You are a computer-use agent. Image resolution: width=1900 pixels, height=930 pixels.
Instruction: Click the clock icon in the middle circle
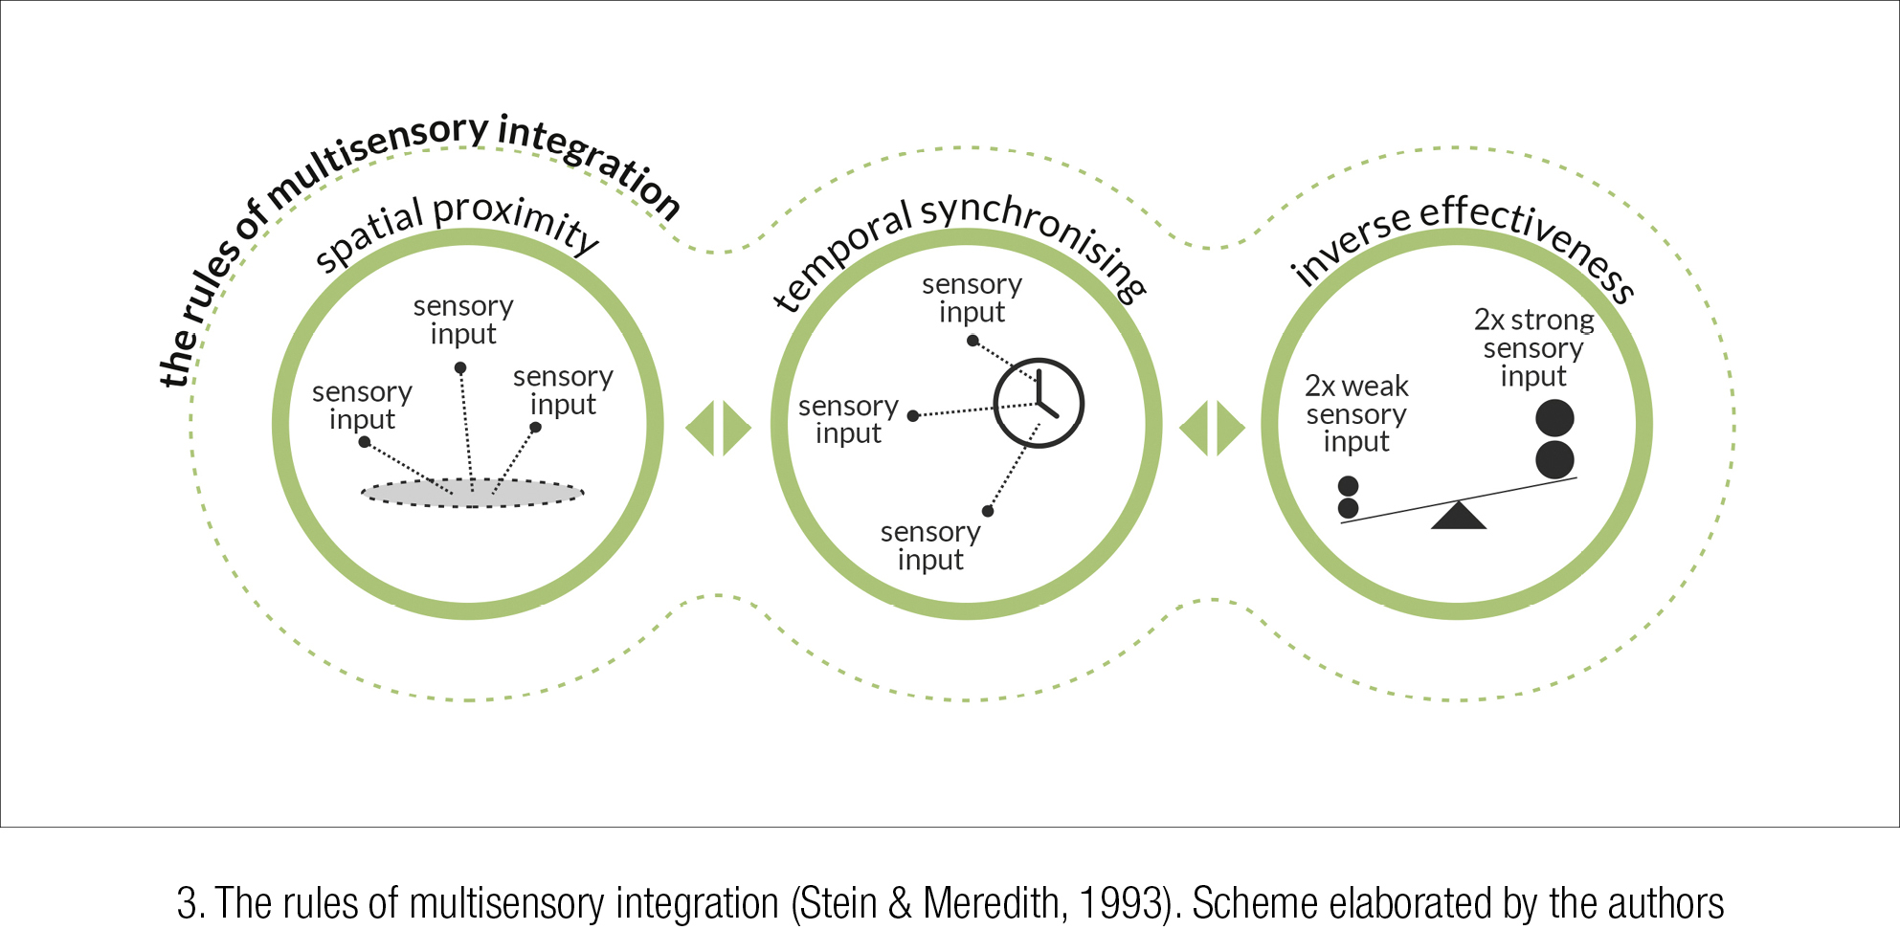[1039, 403]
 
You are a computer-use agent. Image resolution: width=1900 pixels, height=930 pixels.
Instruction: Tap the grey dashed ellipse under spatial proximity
[472, 494]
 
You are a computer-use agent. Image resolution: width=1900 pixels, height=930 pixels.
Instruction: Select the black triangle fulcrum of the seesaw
[1458, 516]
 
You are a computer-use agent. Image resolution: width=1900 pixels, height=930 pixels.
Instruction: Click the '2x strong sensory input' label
[1533, 347]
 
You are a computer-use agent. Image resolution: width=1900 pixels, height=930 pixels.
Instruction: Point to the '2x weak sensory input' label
[1356, 413]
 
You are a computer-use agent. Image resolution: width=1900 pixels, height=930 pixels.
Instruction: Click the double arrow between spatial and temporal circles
[719, 428]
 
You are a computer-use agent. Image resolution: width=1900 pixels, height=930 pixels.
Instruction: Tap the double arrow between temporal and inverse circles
[1212, 428]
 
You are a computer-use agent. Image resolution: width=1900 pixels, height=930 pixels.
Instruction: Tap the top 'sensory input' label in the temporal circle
[972, 299]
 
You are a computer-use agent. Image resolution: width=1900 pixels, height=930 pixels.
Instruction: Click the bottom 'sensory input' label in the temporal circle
[930, 545]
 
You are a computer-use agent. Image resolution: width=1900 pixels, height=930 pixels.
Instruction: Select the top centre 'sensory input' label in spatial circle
[463, 320]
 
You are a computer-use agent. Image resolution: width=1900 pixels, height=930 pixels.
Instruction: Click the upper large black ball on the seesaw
[1554, 418]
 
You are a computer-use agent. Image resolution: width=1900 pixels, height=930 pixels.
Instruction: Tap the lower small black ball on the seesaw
[1348, 508]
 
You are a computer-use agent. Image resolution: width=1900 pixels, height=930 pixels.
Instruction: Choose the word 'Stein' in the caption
[838, 903]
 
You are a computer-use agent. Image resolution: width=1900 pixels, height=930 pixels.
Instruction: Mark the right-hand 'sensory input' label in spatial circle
[563, 390]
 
